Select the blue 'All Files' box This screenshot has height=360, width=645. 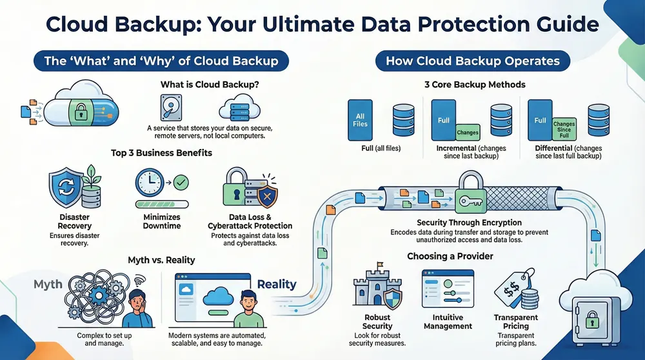(x=361, y=120)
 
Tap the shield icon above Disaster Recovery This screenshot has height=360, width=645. (x=66, y=187)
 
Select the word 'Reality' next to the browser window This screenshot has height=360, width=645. (x=277, y=284)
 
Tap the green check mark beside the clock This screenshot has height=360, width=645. (x=181, y=183)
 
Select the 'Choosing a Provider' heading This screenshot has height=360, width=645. (x=450, y=256)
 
